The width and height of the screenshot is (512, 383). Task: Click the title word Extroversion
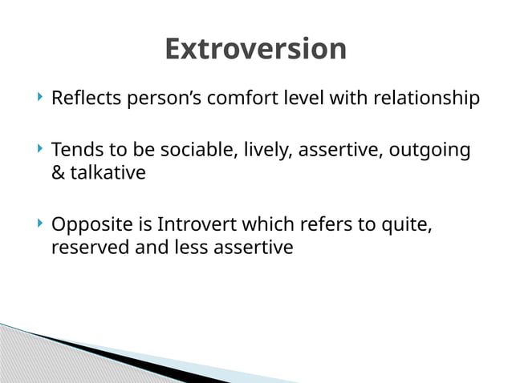(255, 50)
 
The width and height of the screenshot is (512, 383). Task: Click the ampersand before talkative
(58, 172)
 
